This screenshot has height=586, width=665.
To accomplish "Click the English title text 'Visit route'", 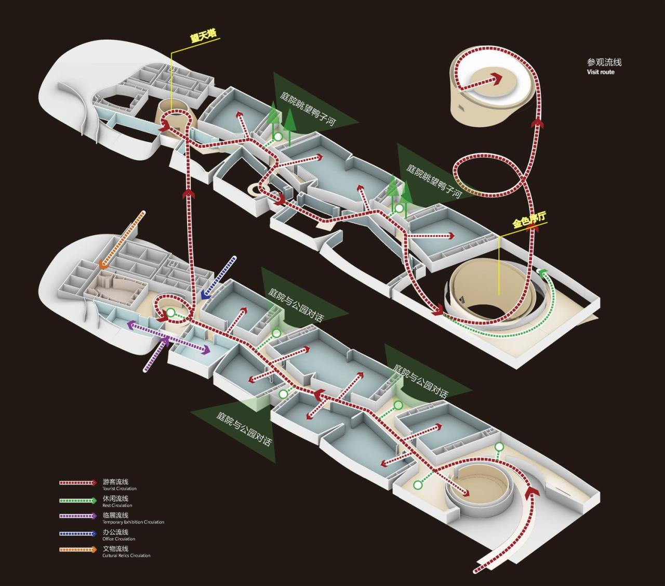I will point(601,72).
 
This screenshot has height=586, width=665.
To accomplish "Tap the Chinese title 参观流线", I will point(604,62).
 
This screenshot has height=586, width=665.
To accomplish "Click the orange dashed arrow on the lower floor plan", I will point(123,239).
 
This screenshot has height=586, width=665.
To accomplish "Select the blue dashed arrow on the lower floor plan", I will point(218,278).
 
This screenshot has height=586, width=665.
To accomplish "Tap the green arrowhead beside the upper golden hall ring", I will point(543,273).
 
